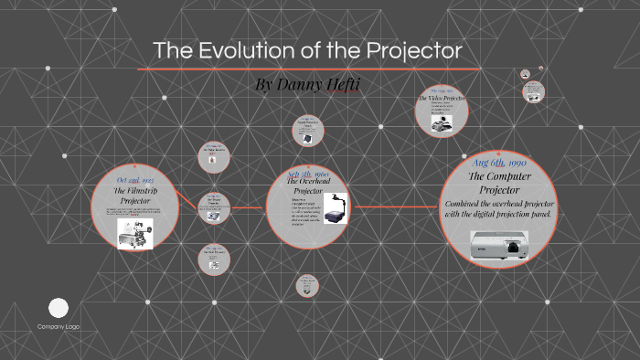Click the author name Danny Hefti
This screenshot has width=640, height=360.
pos(314,84)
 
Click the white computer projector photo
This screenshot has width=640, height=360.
pos(498,244)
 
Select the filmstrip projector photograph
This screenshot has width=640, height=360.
pos(134,232)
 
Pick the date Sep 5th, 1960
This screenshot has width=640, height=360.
pos(307,174)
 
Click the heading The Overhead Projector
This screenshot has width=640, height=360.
pos(307,186)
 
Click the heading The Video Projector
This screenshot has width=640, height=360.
pos(443,98)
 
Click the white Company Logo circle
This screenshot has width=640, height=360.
pos(59,308)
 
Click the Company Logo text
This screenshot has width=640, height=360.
pos(59,326)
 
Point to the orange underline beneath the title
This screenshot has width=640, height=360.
pos(308,69)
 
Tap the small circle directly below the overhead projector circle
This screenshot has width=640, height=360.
pos(307,286)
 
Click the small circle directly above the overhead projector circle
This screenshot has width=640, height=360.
pos(307,130)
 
